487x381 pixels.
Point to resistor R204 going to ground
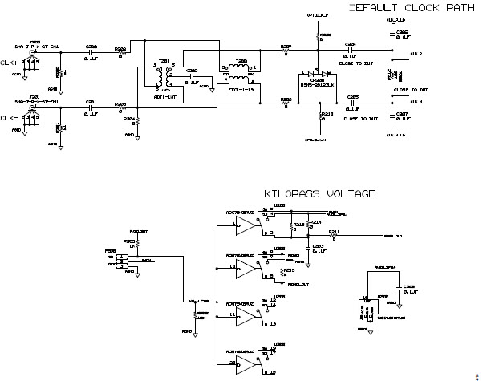click(x=137, y=121)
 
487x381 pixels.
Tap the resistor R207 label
click(x=286, y=47)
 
